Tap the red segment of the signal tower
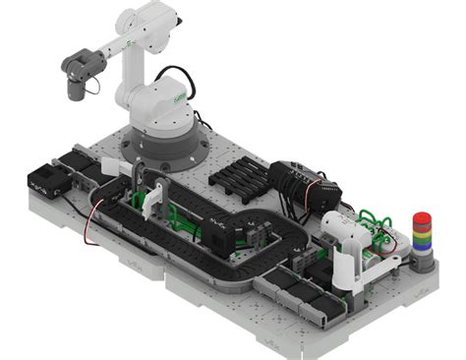pyautogui.click(x=422, y=217)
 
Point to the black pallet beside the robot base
pyautogui.click(x=239, y=177)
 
